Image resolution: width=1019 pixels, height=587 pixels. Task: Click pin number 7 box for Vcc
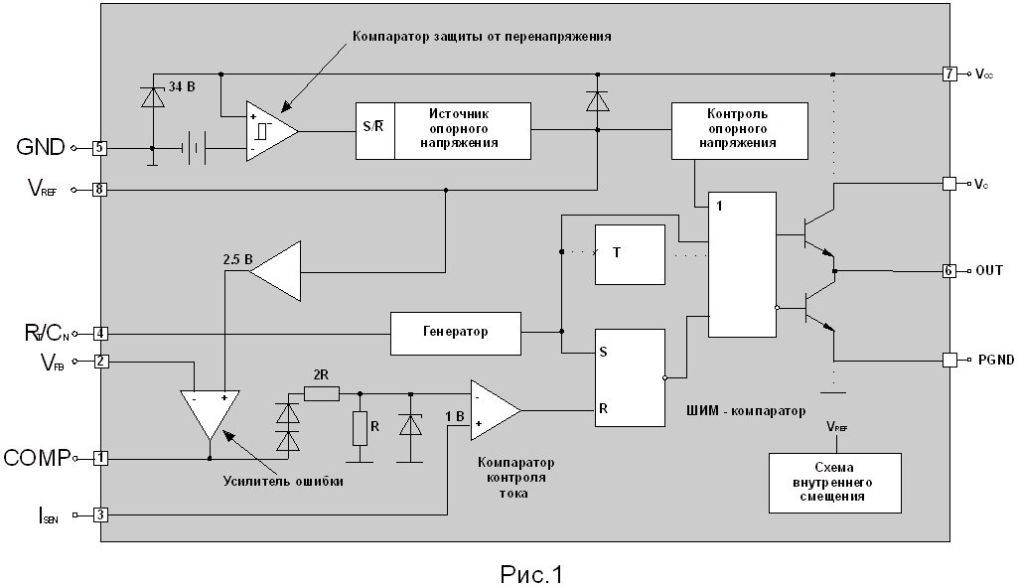(949, 73)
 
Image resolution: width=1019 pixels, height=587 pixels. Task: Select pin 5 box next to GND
(99, 148)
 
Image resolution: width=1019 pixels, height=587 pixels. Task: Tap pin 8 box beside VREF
(99, 190)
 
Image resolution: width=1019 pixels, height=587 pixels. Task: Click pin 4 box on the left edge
(100, 334)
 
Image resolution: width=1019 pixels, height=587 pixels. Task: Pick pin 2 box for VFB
(100, 361)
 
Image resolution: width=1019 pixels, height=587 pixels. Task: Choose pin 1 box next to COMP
(100, 458)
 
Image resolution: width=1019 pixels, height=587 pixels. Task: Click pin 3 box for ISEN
(100, 514)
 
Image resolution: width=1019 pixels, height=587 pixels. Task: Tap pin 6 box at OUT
(949, 271)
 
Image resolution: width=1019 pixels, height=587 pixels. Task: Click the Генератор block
(456, 334)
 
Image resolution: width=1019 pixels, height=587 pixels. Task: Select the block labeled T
(631, 255)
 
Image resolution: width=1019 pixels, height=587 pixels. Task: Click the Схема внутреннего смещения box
(835, 483)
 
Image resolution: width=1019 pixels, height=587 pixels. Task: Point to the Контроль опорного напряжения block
(740, 131)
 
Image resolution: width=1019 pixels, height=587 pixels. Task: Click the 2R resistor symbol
(322, 393)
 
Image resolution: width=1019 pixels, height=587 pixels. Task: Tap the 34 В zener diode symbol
(153, 97)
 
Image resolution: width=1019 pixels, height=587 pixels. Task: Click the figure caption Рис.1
(531, 574)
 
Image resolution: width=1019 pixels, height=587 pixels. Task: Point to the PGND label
(995, 360)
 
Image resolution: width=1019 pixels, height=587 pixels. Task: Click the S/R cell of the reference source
(375, 131)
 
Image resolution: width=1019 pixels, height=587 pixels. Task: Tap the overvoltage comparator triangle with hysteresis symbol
(272, 131)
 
